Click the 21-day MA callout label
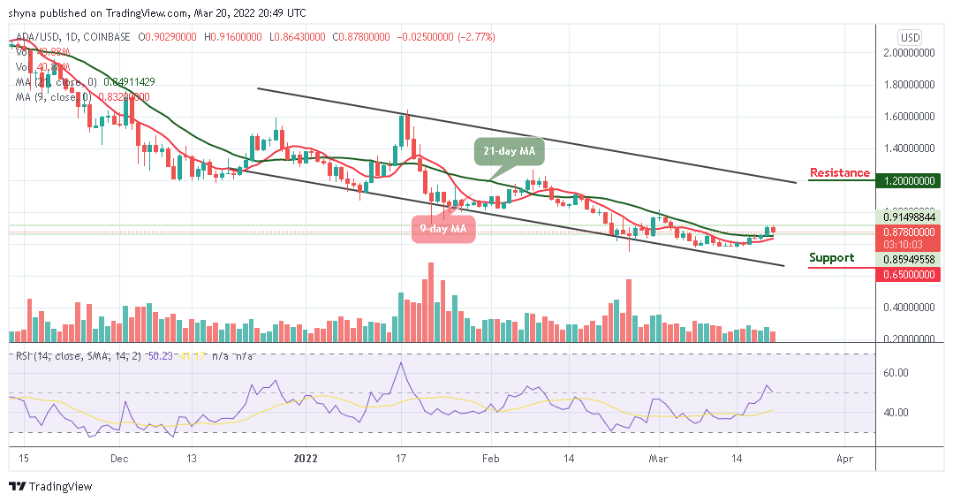506,151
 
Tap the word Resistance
839,173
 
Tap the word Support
832,258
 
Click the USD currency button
910,37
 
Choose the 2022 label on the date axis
305,459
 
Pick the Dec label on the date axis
121,459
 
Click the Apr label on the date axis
844,459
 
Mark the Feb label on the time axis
491,459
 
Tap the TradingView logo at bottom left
50,486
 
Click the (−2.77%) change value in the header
473,37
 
